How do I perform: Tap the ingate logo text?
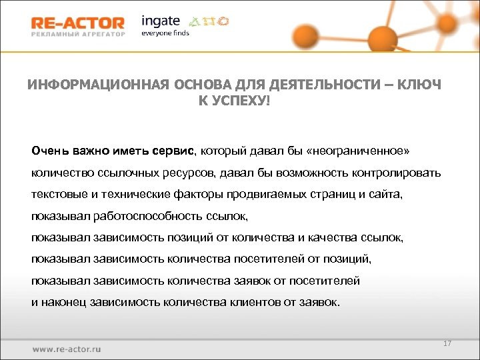(160, 21)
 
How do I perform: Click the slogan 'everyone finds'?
(165, 33)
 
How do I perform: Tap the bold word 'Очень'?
(50, 149)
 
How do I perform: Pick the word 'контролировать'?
(397, 173)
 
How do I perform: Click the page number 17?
(447, 343)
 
